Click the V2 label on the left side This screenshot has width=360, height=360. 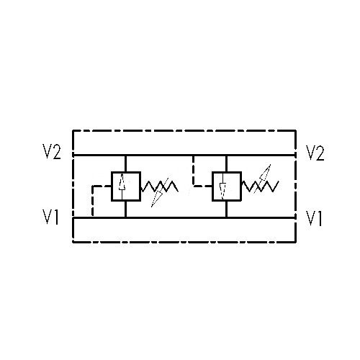[x=52, y=152]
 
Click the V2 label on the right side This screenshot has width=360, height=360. [x=315, y=153]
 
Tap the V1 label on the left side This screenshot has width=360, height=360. [x=50, y=217]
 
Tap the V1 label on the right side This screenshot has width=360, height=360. [x=314, y=218]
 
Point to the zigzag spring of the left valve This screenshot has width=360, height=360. [x=159, y=186]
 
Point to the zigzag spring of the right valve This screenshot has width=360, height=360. [x=260, y=186]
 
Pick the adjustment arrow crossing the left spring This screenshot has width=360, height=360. [x=160, y=193]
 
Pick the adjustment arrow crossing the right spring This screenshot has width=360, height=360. [x=262, y=179]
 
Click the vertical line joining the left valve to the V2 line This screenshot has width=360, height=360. [x=125, y=163]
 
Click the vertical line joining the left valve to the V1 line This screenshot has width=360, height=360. [x=125, y=209]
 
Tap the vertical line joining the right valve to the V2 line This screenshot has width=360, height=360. [x=226, y=163]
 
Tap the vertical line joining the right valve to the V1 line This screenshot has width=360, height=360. [x=226, y=209]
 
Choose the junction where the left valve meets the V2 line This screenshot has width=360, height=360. [x=125, y=156]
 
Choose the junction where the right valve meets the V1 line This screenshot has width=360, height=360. [x=226, y=218]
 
